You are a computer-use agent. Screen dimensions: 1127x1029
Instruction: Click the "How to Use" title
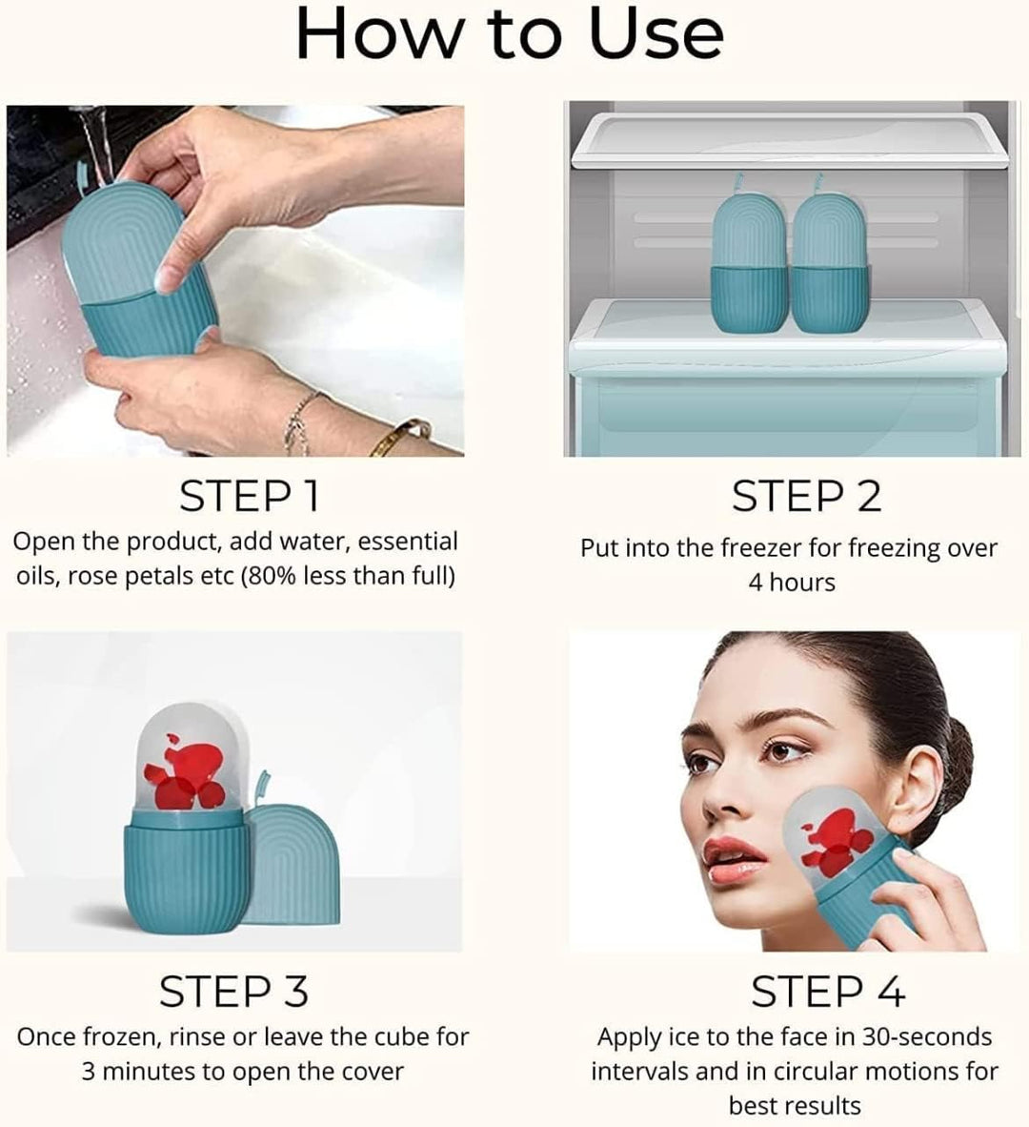click(x=510, y=34)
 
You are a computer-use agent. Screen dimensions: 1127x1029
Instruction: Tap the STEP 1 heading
click(x=249, y=497)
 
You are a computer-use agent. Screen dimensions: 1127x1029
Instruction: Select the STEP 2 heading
click(x=806, y=497)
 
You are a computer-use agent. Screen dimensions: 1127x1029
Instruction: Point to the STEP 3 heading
click(x=233, y=992)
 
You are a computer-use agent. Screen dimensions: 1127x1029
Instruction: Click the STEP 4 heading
click(x=827, y=992)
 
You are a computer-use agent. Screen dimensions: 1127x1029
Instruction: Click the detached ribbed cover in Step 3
click(x=295, y=863)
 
